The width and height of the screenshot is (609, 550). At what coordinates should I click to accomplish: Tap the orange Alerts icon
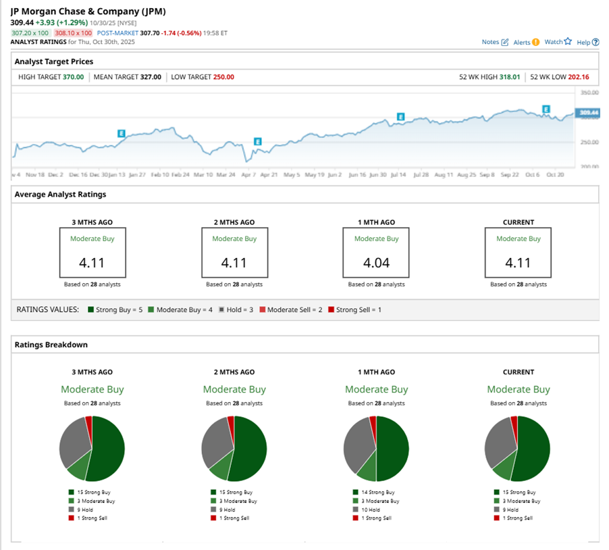[x=535, y=42]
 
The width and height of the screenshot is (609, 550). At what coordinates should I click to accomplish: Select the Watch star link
[x=558, y=42]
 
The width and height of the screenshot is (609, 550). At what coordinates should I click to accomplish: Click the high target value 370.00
[x=73, y=77]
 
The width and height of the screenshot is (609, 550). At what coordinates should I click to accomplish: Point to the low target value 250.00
[x=223, y=77]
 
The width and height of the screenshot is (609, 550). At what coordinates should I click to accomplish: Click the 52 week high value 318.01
[x=509, y=77]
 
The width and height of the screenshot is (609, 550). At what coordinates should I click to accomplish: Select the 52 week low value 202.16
[x=578, y=77]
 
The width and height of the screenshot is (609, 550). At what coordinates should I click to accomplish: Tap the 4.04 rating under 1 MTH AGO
[x=376, y=263]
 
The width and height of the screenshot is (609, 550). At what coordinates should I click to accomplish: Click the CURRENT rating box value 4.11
[x=518, y=263]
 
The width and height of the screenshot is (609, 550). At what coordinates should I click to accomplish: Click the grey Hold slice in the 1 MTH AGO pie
[x=356, y=445]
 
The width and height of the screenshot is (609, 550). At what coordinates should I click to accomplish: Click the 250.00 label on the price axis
[x=589, y=143]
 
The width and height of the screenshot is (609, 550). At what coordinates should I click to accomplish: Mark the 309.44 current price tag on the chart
[x=588, y=112]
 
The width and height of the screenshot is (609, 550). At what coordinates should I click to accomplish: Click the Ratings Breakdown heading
[x=51, y=345]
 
